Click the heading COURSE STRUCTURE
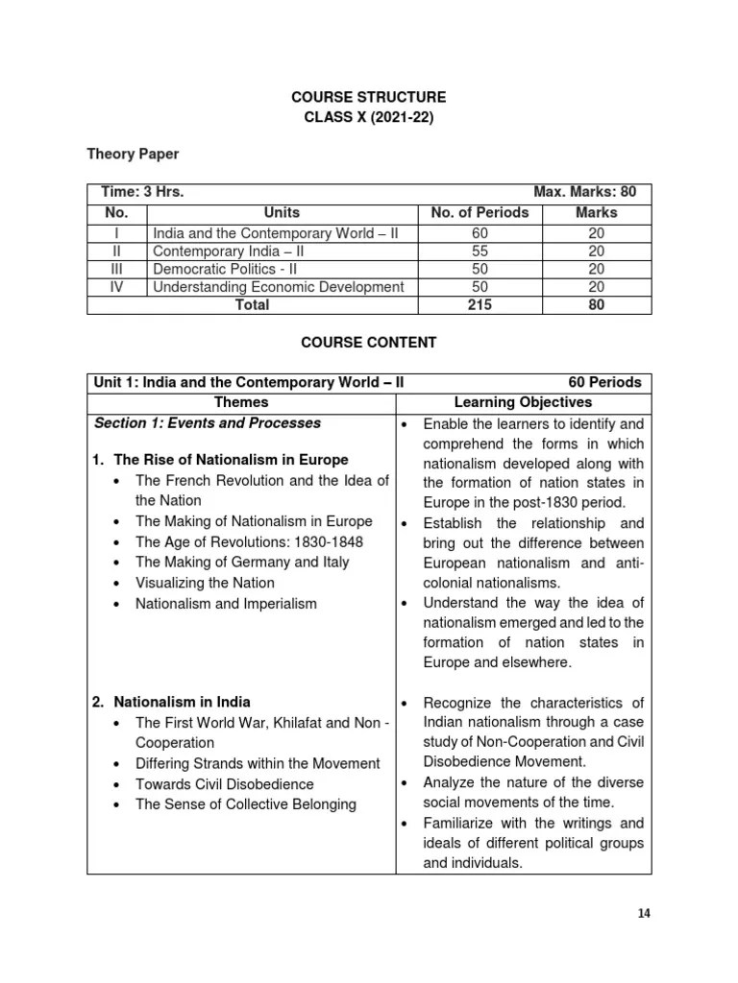tap(370, 98)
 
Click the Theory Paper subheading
tap(133, 154)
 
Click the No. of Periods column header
tap(480, 212)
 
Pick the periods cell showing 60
tap(480, 232)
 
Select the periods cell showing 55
tap(480, 251)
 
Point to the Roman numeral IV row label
tap(116, 287)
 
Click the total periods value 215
tap(480, 305)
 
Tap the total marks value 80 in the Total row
tap(597, 305)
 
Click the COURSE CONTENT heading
tap(370, 342)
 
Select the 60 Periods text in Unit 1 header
tap(603, 382)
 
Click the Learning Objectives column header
tap(522, 402)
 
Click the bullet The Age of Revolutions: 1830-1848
tap(250, 542)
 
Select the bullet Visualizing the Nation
tap(205, 583)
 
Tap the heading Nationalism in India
tap(183, 702)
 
